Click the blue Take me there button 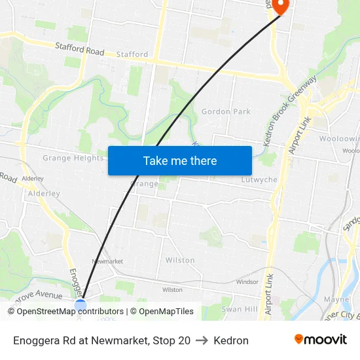pos(180,160)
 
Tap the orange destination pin pos(280,6)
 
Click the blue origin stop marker pos(81,305)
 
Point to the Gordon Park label pos(226,112)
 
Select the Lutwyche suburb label pos(259,179)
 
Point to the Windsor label pos(247,282)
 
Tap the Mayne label pos(336,299)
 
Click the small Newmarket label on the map pos(107,261)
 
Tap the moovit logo pos(321,340)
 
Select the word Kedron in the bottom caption pos(231,340)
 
